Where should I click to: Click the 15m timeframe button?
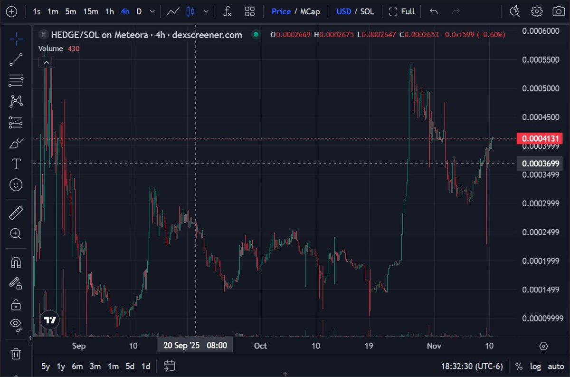click(x=91, y=11)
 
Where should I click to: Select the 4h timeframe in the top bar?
click(x=125, y=11)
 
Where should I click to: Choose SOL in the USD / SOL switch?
click(x=367, y=11)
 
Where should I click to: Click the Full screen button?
click(x=402, y=11)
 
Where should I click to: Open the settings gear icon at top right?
click(x=537, y=11)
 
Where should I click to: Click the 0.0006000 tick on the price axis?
click(x=540, y=31)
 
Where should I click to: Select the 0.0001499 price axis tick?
click(x=540, y=290)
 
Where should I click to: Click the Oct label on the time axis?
click(x=260, y=346)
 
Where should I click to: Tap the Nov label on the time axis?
click(x=433, y=346)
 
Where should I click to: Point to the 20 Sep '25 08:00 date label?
click(x=195, y=346)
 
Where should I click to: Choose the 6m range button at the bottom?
click(x=77, y=366)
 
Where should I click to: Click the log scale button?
click(x=535, y=366)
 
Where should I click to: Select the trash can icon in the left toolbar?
click(x=16, y=353)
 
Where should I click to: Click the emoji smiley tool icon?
click(x=16, y=185)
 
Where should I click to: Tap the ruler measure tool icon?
click(x=16, y=213)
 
